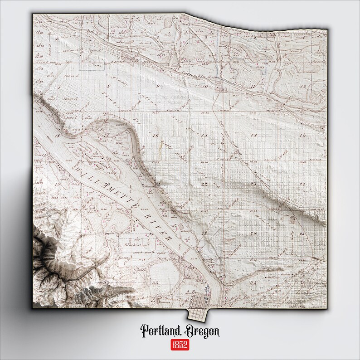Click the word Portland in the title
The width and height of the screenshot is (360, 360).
[x=160, y=331]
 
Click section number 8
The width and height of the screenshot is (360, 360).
[x=109, y=85]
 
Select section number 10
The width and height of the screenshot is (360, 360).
[x=205, y=86]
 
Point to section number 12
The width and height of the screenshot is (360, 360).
[x=302, y=86]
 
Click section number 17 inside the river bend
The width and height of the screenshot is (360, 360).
[x=107, y=135]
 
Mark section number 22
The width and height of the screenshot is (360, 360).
[x=204, y=184]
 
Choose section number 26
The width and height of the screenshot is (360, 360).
[x=254, y=233]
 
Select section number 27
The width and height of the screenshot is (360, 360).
[x=204, y=233]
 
